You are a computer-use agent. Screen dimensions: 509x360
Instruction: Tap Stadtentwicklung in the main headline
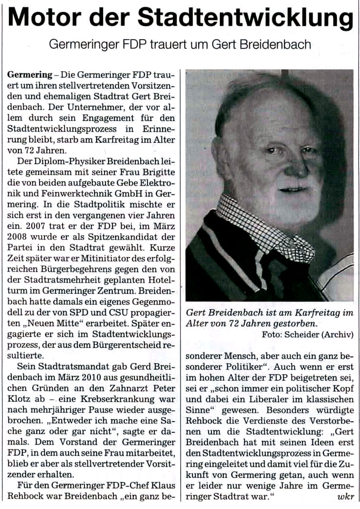coord(253,19)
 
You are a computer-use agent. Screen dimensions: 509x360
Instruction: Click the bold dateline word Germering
coord(29,76)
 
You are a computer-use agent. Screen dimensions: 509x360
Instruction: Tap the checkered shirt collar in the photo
coord(264,224)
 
